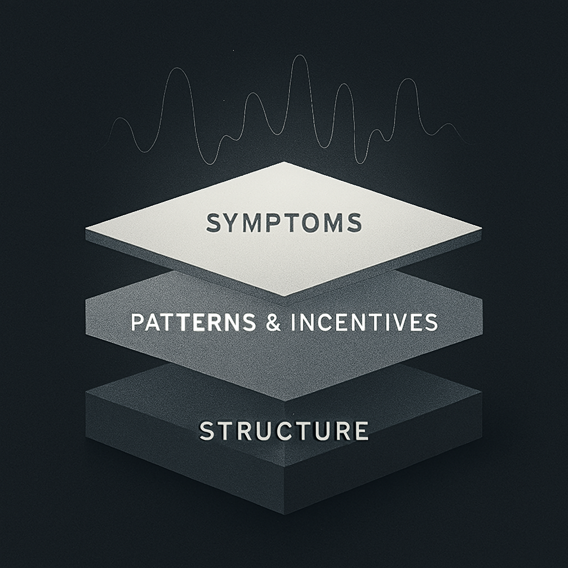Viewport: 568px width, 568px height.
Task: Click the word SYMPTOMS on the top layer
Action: point(283,223)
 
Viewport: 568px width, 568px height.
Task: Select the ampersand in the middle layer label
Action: point(273,323)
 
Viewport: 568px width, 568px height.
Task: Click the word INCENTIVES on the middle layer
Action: point(364,323)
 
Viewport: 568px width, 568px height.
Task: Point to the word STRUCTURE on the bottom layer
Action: point(283,431)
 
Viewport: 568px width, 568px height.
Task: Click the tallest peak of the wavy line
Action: point(300,57)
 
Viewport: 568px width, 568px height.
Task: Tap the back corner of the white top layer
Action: point(284,162)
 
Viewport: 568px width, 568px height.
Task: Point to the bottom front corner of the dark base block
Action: point(284,514)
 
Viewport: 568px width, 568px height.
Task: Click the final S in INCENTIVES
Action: point(430,323)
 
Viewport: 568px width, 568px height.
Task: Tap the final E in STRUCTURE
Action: point(361,430)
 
